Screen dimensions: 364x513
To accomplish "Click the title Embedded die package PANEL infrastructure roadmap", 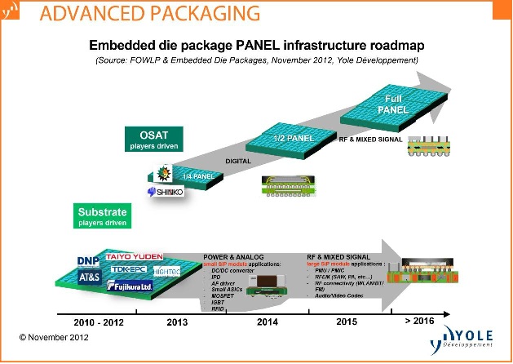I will (257, 45).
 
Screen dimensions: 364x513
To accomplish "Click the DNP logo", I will (88, 260).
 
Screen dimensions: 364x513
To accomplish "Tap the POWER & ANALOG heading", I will (233, 256).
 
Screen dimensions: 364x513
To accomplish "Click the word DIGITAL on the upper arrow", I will (239, 161).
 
